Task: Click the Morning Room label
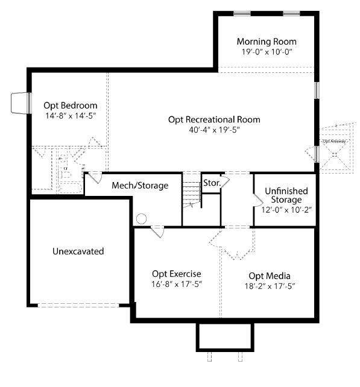267,42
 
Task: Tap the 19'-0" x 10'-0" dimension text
267,52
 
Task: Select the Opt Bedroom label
71,105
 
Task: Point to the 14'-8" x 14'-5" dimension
71,116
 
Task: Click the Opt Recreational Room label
214,120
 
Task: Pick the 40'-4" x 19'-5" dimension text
214,130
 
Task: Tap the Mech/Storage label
140,185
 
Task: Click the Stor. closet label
212,183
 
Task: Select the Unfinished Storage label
286,195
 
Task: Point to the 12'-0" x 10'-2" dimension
286,210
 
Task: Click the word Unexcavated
78,251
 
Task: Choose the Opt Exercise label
177,274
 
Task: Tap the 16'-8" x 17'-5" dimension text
177,284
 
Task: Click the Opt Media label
270,276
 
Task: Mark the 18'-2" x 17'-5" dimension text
270,286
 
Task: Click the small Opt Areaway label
334,142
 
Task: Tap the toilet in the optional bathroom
65,174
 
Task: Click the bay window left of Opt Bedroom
21,103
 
